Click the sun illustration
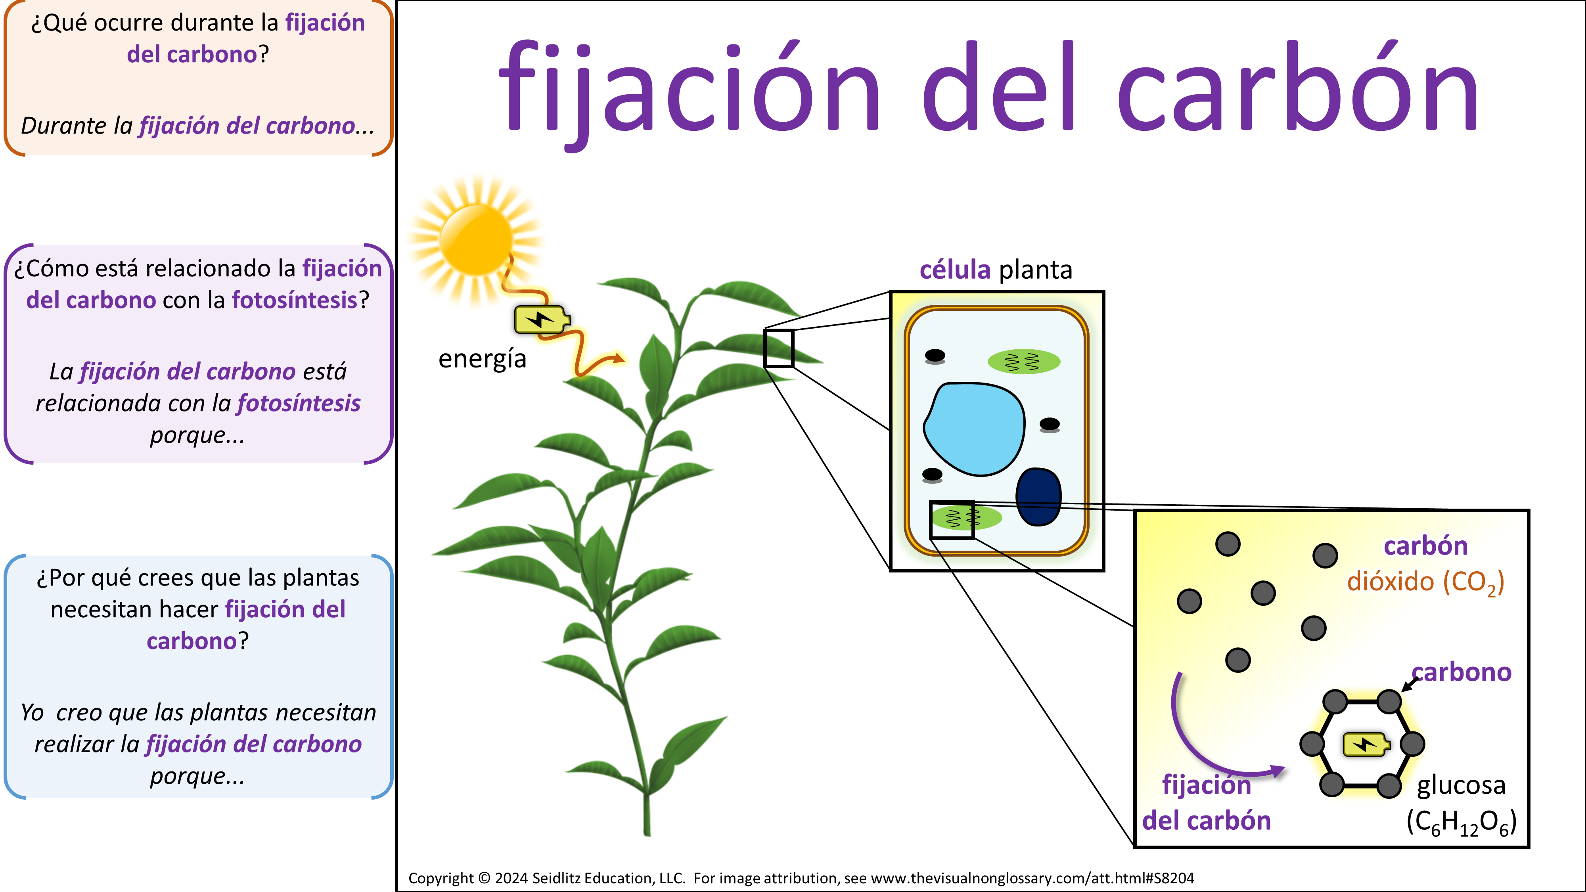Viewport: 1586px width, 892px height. pyautogui.click(x=476, y=241)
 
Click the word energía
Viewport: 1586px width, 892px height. pyautogui.click(x=482, y=359)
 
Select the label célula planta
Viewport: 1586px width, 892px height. pyautogui.click(x=996, y=270)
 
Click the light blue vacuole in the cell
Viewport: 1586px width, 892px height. pyautogui.click(x=974, y=429)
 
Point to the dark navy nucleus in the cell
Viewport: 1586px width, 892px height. pyautogui.click(x=1038, y=497)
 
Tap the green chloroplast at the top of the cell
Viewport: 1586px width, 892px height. pyautogui.click(x=1024, y=361)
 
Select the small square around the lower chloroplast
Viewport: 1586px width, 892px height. pyautogui.click(x=952, y=520)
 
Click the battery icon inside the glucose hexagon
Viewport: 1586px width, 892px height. pyautogui.click(x=1366, y=744)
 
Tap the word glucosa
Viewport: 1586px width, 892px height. pyautogui.click(x=1461, y=785)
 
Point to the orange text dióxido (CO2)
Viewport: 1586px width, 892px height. pyautogui.click(x=1425, y=582)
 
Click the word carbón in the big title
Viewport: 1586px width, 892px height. pyautogui.click(x=1298, y=87)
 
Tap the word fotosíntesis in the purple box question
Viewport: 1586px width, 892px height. pyautogui.click(x=294, y=300)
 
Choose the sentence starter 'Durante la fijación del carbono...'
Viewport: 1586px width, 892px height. pyautogui.click(x=197, y=126)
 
